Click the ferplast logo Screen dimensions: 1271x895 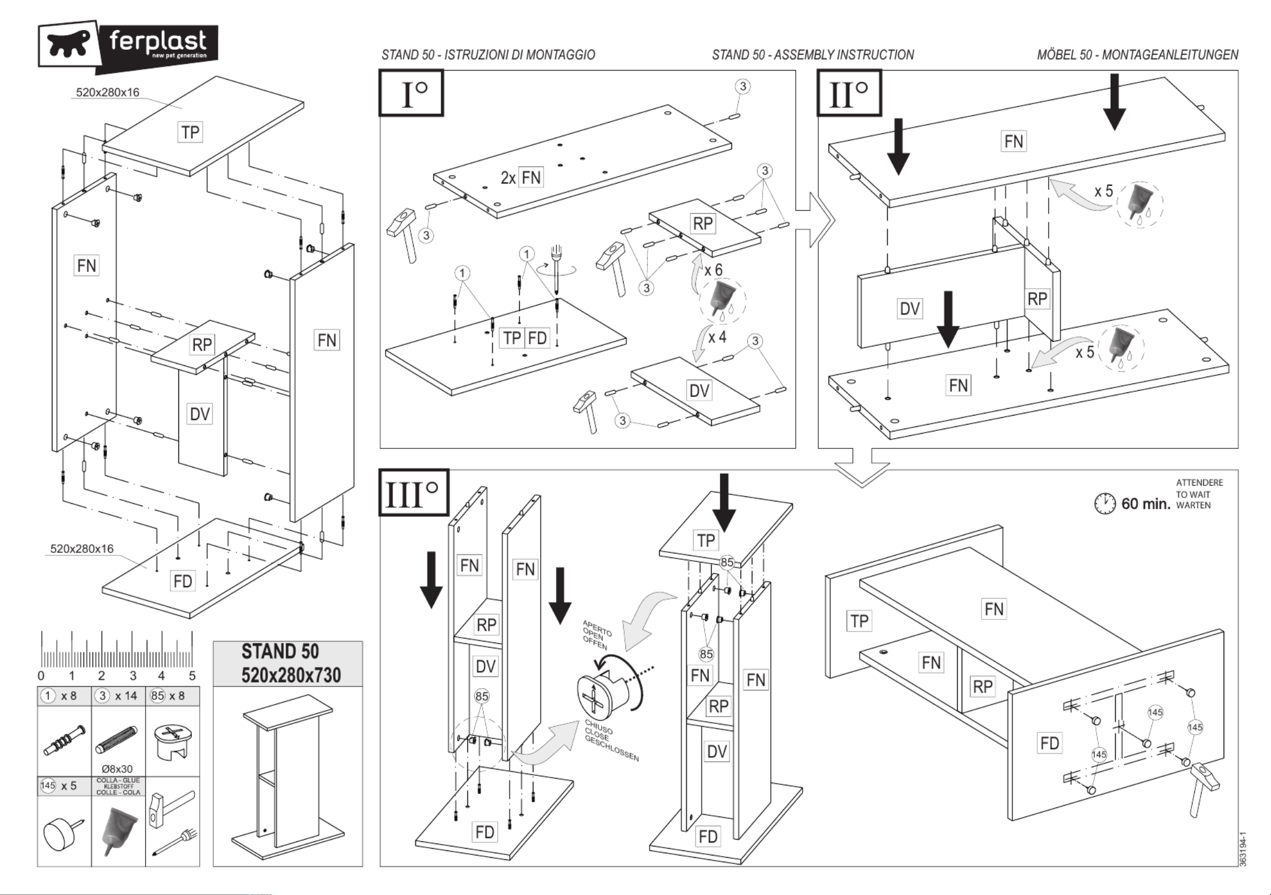pyautogui.click(x=128, y=47)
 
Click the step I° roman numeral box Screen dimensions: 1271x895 pyautogui.click(x=411, y=93)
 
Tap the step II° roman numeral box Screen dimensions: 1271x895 pyautogui.click(x=849, y=93)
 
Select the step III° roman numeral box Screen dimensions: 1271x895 pyautogui.click(x=414, y=492)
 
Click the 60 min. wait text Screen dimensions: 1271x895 pyautogui.click(x=1146, y=503)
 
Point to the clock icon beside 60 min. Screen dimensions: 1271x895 pyautogui.click(x=1105, y=503)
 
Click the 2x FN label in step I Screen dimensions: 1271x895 pyautogui.click(x=521, y=178)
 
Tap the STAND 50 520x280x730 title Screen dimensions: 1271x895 pyautogui.click(x=291, y=663)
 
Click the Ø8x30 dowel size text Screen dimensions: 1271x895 pyautogui.click(x=117, y=769)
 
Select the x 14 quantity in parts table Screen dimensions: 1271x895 pyautogui.click(x=126, y=696)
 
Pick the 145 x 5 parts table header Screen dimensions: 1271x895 pyautogui.click(x=58, y=785)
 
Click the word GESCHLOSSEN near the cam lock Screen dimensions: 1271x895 pyautogui.click(x=612, y=750)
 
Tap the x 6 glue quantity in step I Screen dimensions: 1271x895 pyautogui.click(x=713, y=270)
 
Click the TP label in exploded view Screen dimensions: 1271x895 pyautogui.click(x=190, y=132)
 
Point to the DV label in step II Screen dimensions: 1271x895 pyautogui.click(x=910, y=308)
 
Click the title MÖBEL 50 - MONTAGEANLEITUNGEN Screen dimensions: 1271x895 pyautogui.click(x=1138, y=55)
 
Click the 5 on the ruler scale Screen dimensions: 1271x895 pyautogui.click(x=192, y=675)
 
